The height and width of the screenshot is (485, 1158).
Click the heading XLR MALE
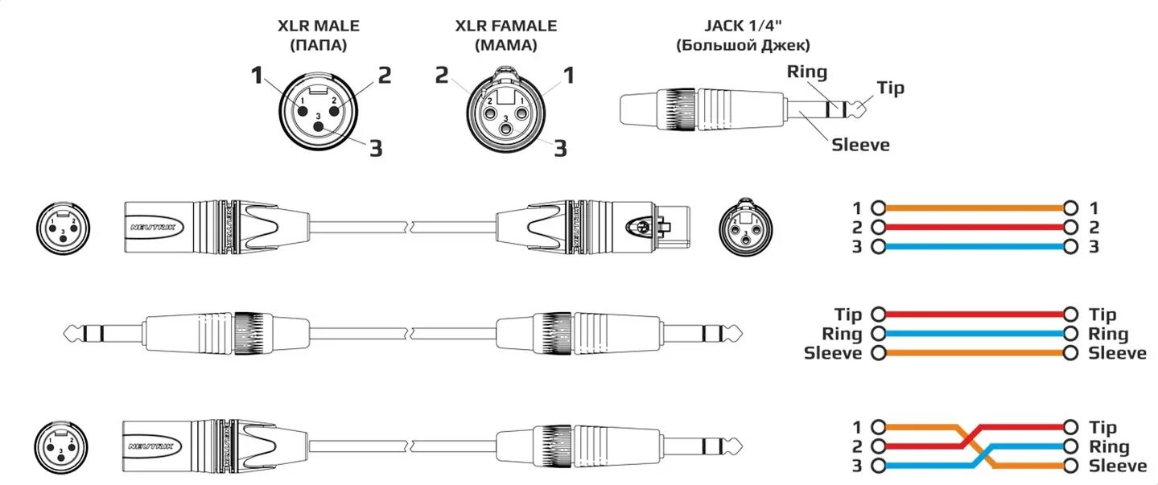click(319, 26)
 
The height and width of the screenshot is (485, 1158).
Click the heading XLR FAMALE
click(506, 26)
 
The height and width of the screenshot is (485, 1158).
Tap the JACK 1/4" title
click(743, 25)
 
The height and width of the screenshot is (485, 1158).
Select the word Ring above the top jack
click(807, 72)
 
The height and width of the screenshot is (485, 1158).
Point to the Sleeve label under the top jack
click(860, 145)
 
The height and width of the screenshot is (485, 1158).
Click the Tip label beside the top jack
click(890, 88)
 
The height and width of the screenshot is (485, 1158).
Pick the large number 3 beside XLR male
click(376, 149)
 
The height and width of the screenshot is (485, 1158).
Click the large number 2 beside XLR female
click(442, 76)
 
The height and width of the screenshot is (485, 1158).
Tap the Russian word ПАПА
click(319, 46)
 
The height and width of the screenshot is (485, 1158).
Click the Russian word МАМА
click(506, 46)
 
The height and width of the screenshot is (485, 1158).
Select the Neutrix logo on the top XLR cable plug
click(153, 228)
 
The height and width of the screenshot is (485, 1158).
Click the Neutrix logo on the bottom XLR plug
click(151, 446)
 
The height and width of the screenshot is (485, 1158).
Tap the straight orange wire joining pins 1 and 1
click(975, 208)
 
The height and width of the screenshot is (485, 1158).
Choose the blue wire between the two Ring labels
click(975, 334)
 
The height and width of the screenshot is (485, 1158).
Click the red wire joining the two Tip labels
click(975, 314)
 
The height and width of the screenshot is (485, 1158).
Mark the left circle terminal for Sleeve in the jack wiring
click(878, 353)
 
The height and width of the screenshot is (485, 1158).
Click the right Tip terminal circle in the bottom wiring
click(1071, 427)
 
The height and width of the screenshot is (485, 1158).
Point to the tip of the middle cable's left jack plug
click(64, 334)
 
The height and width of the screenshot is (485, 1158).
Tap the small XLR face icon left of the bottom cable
click(61, 446)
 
